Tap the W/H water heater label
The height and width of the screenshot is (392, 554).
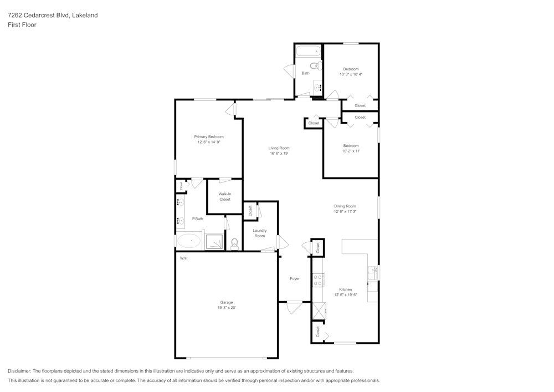pos(183,258)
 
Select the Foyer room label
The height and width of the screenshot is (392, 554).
pos(295,278)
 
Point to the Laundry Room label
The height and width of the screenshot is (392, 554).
pos(259,233)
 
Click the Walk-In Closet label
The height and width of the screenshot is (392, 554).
pos(224,196)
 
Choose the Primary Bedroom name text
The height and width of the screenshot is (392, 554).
pos(209,136)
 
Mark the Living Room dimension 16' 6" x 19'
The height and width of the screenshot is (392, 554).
pos(279,154)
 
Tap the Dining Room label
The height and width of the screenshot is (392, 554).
pos(345,206)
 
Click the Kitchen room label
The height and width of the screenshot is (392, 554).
pos(345,289)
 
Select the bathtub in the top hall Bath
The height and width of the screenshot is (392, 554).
pos(308,52)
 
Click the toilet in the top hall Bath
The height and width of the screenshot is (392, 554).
pos(315,66)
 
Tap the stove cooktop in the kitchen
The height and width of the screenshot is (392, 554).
pos(319,281)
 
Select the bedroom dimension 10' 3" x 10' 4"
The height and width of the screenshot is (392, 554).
pos(351,74)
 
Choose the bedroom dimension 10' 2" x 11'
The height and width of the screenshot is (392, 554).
pos(351,151)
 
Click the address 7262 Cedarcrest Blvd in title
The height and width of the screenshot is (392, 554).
pos(37,16)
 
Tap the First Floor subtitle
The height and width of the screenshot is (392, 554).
pos(22,25)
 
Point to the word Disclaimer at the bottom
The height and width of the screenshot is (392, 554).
pos(19,371)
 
